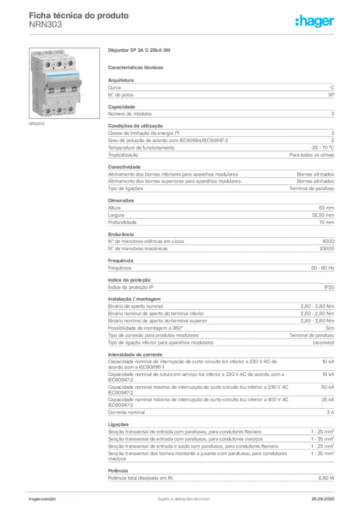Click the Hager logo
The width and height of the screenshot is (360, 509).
(315, 21)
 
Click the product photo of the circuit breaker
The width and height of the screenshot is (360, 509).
(64, 83)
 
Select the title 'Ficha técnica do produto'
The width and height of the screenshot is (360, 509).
(79, 15)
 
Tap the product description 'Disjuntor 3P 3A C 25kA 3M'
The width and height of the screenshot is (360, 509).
(139, 50)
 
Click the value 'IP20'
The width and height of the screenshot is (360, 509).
(329, 287)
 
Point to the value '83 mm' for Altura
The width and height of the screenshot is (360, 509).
(326, 208)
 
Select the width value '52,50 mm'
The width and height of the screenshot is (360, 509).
(323, 215)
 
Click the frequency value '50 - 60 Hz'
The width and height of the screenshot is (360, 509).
(323, 268)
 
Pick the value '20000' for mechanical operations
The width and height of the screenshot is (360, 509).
(327, 249)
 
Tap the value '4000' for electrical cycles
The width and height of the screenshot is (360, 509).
(328, 241)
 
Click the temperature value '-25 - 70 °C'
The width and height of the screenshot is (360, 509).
(322, 148)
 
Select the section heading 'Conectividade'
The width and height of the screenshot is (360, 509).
(124, 167)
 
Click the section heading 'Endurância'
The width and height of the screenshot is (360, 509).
(121, 234)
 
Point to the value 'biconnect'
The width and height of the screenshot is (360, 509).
(323, 342)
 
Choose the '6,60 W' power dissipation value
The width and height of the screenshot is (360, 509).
(326, 478)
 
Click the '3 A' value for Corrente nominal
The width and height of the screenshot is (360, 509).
(330, 412)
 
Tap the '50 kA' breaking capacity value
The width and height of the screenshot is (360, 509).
(328, 387)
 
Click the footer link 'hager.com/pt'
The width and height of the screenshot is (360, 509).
(42, 499)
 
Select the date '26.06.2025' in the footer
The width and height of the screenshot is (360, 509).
(323, 499)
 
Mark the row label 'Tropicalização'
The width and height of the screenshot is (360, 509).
(123, 155)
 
